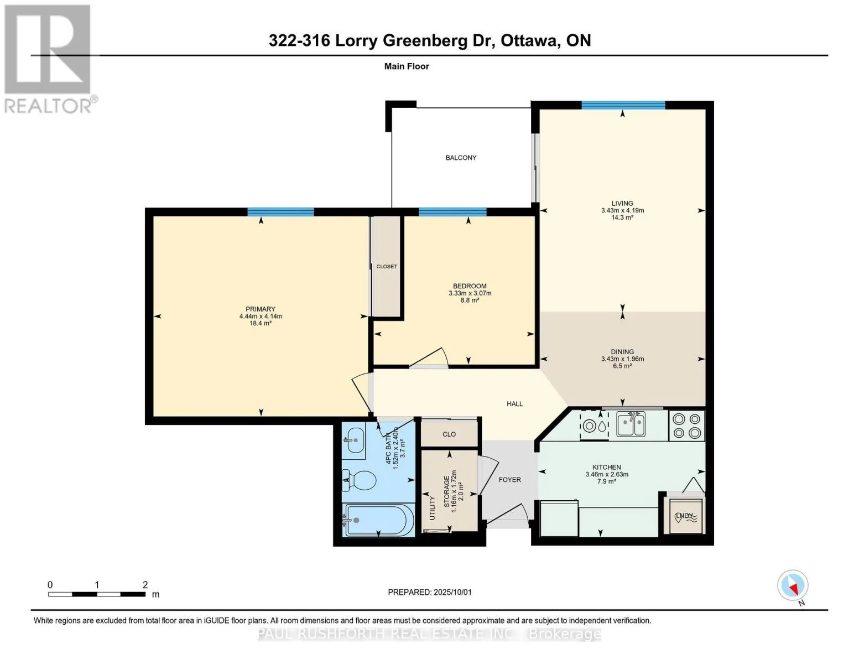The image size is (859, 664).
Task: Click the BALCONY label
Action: click(461, 158)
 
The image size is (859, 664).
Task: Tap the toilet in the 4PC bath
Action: click(359, 480)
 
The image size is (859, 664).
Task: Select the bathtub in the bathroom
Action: click(378, 520)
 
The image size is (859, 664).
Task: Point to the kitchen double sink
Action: click(631, 424)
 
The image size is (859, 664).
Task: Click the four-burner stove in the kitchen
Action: click(686, 426)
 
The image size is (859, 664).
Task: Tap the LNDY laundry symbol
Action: click(684, 516)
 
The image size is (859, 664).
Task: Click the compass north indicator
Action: click(793, 585)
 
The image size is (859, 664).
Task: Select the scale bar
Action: click(97, 594)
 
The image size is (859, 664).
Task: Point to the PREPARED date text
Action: click(430, 592)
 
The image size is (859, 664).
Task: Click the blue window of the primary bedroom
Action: click(280, 212)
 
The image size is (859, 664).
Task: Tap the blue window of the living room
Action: click(623, 105)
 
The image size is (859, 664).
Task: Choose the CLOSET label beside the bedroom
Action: click(387, 267)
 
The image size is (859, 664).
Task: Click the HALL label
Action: click(515, 404)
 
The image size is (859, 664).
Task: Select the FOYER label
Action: click(509, 480)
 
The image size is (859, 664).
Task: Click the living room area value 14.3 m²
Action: click(622, 217)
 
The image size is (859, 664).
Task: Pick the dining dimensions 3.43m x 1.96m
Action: click(623, 359)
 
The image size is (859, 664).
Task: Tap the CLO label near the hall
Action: click(449, 434)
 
